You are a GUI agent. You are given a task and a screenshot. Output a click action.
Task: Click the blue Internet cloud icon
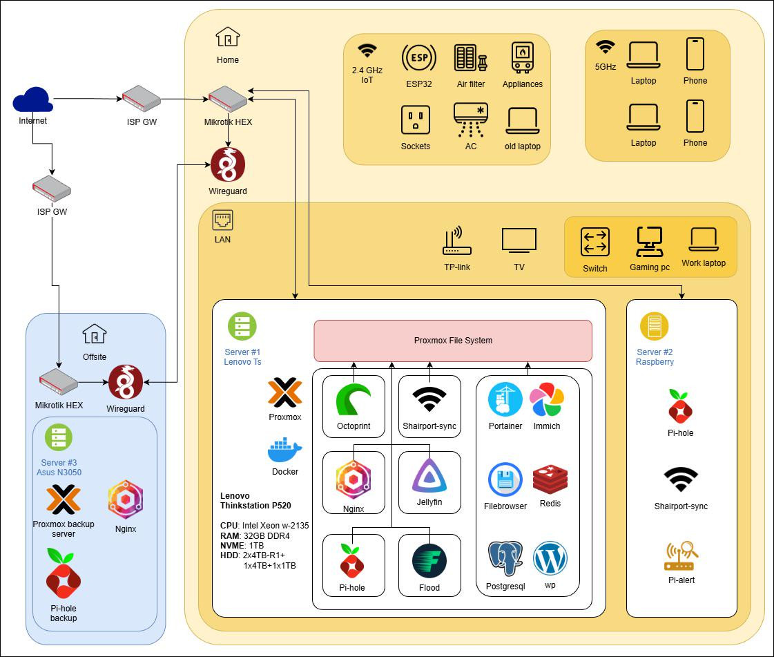32,100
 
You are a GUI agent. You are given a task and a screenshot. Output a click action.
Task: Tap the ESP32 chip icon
418,59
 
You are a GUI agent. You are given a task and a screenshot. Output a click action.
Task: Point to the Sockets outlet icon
416,120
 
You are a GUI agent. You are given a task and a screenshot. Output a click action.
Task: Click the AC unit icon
471,120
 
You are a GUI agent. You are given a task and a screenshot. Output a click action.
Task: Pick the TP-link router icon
456,242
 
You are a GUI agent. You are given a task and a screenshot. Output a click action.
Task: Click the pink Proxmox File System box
453,341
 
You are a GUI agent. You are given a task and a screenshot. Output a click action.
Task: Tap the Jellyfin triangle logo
429,475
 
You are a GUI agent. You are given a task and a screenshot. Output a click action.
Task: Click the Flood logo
429,561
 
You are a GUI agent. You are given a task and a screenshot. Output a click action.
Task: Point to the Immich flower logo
547,400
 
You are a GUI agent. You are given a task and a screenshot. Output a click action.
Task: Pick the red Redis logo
550,479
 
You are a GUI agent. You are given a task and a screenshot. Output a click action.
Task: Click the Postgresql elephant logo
505,558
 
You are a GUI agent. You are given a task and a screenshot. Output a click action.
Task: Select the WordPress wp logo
550,558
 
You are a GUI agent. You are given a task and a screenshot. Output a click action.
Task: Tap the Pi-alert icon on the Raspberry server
681,556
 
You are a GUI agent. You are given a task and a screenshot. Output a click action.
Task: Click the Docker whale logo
284,450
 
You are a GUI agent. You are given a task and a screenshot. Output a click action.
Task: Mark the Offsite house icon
95,334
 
